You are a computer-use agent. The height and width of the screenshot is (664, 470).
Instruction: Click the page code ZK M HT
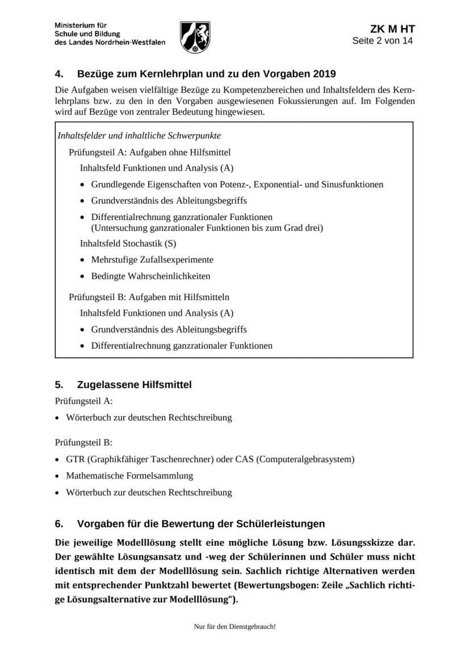tap(392, 29)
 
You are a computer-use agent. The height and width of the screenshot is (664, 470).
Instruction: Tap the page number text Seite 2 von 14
tap(383, 41)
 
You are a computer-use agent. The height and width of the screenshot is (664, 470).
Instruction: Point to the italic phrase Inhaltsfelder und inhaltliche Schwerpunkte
tap(139, 136)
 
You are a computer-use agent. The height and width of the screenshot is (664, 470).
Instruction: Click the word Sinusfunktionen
tap(352, 184)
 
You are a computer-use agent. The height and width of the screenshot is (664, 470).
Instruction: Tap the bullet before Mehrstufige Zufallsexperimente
tap(83, 260)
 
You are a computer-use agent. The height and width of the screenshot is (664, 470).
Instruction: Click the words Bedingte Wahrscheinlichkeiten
tap(150, 276)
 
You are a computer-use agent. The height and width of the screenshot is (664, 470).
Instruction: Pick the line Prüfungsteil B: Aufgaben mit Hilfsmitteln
tap(149, 297)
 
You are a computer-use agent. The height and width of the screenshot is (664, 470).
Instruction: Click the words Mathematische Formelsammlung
tap(129, 476)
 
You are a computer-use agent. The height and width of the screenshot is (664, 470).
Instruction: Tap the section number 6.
tap(59, 523)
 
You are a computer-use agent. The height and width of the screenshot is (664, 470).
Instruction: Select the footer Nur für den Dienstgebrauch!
tap(234, 627)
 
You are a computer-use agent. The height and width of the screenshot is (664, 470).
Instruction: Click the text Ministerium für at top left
tap(81, 26)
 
